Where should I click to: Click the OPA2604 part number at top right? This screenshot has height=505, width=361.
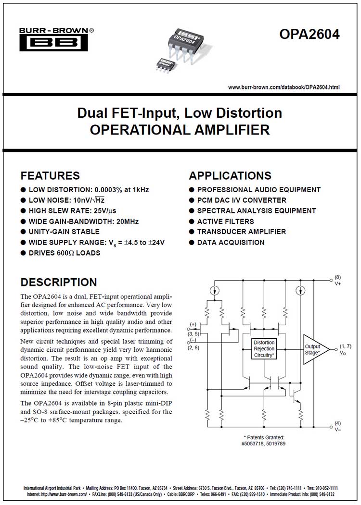click(310, 35)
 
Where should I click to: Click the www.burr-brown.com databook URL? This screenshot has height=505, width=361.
click(284, 87)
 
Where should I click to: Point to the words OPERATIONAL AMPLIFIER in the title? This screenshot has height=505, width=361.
click(180, 130)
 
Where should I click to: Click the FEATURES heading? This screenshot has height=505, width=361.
click(50, 175)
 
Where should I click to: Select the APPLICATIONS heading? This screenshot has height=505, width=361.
click(230, 175)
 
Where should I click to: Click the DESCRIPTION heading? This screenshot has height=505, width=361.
click(59, 282)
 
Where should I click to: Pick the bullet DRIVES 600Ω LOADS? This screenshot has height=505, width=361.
click(64, 253)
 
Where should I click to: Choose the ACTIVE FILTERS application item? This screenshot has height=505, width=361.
click(225, 222)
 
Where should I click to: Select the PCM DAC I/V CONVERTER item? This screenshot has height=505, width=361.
click(242, 200)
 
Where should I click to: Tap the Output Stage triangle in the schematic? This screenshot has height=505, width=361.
click(314, 349)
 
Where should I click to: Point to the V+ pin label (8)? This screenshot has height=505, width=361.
click(337, 281)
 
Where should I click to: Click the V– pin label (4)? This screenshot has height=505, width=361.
click(337, 426)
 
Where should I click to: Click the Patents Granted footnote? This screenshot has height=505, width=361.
click(264, 440)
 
